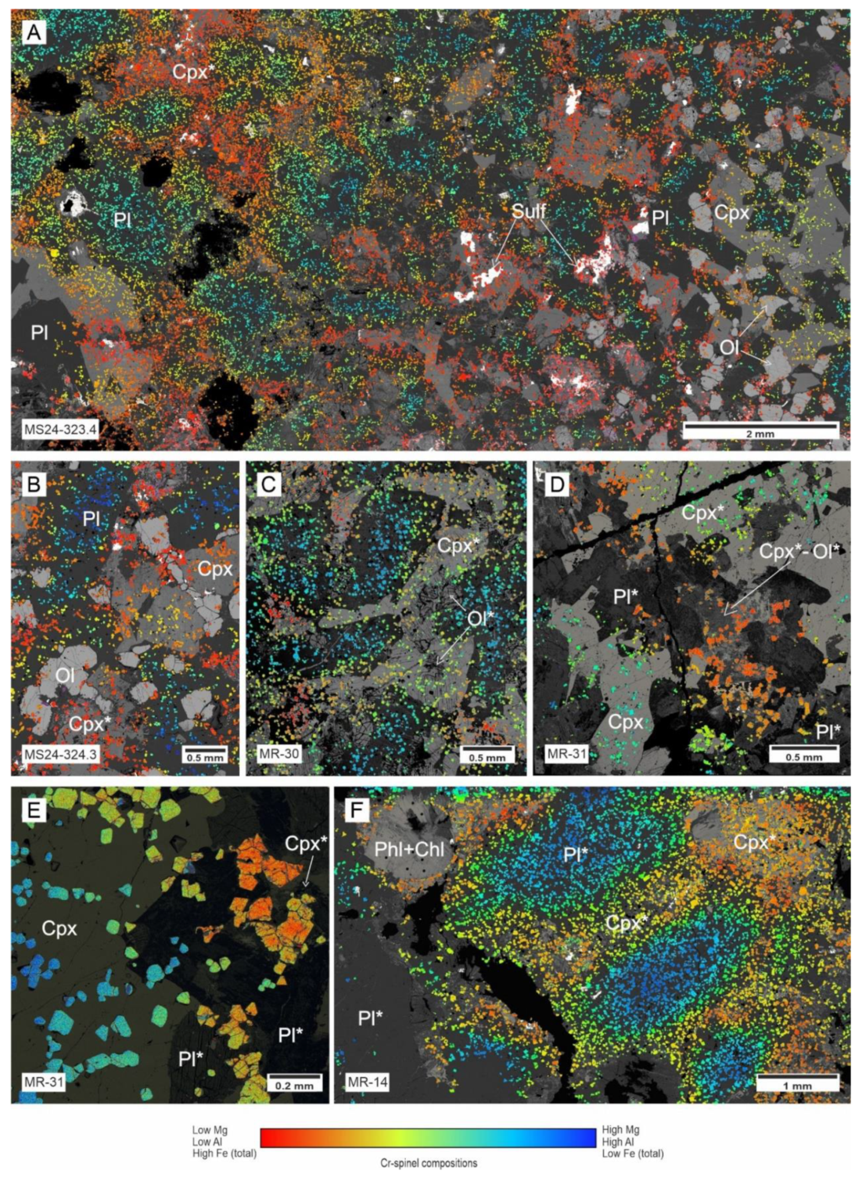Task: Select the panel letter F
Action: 357,810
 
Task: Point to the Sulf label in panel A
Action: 528,211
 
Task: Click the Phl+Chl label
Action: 409,849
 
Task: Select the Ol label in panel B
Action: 65,674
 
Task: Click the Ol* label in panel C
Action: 481,619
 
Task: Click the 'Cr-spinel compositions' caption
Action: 428,1163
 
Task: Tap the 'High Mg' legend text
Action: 620,1130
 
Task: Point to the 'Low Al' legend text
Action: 209,1142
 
